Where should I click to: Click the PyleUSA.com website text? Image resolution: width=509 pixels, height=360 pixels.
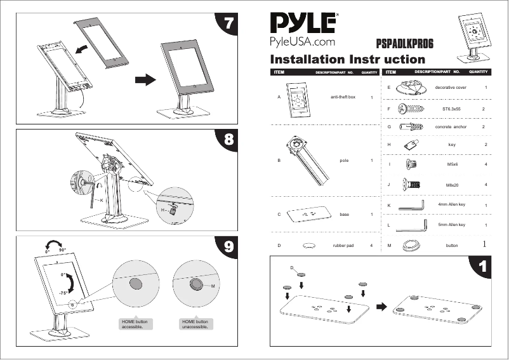click(303, 42)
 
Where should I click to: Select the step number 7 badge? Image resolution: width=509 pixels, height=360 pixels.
click(231, 23)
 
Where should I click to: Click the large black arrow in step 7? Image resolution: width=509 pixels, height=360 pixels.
click(145, 80)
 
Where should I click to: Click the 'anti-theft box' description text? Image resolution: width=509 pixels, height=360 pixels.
click(343, 97)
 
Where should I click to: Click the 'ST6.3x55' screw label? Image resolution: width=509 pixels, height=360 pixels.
click(451, 109)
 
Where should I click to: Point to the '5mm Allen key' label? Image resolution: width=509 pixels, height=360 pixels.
click(452, 225)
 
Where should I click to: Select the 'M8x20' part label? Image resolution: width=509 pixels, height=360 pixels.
click(453, 184)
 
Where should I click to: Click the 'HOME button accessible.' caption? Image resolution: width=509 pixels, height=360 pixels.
click(133, 325)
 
